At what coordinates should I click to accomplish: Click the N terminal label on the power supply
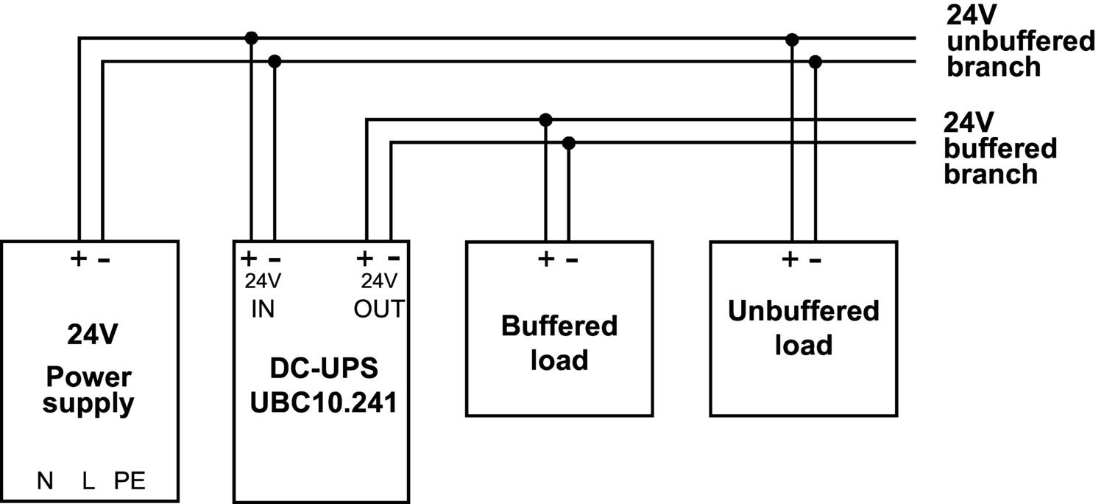(x=45, y=481)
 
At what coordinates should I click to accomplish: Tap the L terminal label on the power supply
(x=88, y=481)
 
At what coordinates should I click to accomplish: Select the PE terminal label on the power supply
(x=130, y=481)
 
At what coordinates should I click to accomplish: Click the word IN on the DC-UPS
(x=262, y=309)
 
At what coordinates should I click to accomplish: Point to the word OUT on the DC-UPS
(x=379, y=309)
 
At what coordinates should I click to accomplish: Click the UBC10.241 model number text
(x=323, y=402)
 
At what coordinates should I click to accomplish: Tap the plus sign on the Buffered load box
(x=545, y=259)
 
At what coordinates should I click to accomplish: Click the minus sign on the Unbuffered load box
(x=815, y=259)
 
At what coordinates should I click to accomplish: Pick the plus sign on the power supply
(x=78, y=259)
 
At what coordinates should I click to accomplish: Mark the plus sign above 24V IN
(x=250, y=259)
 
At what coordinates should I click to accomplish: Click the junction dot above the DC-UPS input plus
(x=252, y=38)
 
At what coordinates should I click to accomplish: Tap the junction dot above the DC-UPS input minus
(x=275, y=61)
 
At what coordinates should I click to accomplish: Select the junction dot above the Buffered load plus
(x=545, y=119)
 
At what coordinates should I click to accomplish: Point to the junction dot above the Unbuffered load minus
(x=815, y=61)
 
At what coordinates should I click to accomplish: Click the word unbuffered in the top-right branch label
(x=1021, y=41)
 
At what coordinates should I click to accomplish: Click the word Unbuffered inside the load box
(x=803, y=311)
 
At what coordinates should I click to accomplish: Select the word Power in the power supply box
(x=88, y=377)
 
